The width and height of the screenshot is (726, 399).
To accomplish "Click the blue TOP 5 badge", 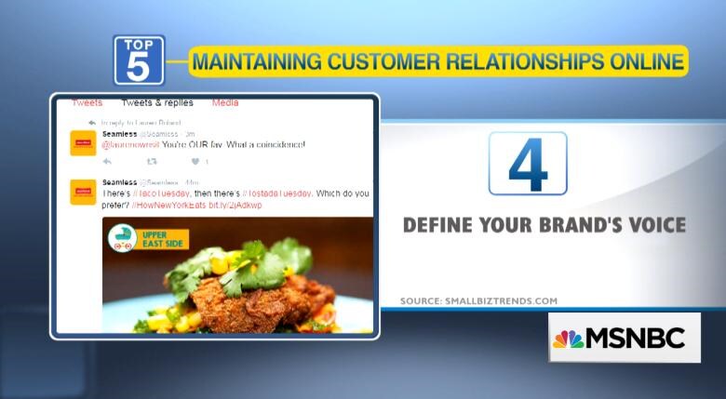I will tap(139, 60).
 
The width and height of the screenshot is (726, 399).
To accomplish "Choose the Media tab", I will tap(225, 102).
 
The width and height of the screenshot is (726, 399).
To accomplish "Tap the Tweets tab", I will tap(87, 102).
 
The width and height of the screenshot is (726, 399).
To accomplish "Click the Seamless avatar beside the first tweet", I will tap(84, 143).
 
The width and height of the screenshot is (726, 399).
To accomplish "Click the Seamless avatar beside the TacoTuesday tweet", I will tap(84, 192).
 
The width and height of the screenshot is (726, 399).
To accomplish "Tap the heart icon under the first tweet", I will tap(195, 162).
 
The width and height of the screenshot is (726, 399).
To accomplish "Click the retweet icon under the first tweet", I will tap(152, 162).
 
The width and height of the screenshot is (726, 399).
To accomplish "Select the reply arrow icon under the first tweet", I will tap(108, 162).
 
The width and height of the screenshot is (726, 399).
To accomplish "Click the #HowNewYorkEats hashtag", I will tap(169, 205).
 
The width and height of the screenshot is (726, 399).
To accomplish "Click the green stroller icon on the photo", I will tap(121, 239).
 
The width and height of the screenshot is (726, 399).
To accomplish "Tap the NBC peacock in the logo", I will tap(569, 338).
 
